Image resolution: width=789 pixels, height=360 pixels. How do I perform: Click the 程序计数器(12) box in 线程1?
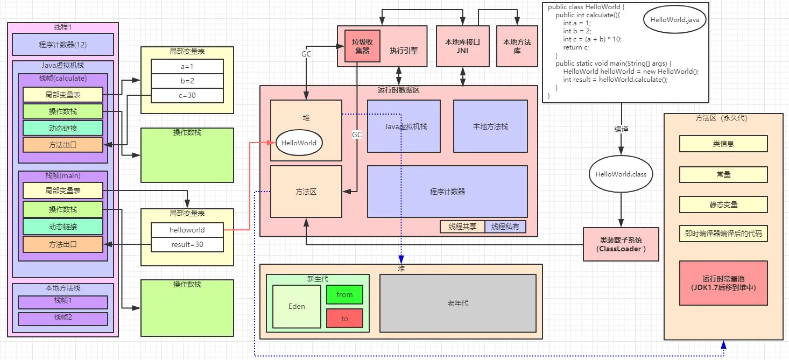pyautogui.click(x=62, y=45)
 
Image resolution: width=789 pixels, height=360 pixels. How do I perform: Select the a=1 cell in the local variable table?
pyautogui.click(x=187, y=66)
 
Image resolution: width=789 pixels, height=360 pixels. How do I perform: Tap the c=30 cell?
pyautogui.click(x=187, y=95)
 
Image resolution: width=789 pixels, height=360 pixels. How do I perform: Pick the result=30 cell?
pyautogui.click(x=187, y=244)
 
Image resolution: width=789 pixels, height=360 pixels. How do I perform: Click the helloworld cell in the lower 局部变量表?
pyautogui.click(x=187, y=230)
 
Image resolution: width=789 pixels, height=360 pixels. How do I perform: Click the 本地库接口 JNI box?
pyautogui.click(x=462, y=46)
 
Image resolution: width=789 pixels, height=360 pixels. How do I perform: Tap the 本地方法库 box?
pyautogui.click(x=517, y=46)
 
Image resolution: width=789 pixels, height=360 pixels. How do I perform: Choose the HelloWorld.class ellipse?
pyautogui.click(x=621, y=174)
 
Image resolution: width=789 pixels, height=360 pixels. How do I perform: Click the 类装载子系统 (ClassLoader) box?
pyautogui.click(x=621, y=244)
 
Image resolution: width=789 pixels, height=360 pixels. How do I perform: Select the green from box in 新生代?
pyautogui.click(x=344, y=294)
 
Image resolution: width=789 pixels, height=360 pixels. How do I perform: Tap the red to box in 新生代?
pyautogui.click(x=344, y=319)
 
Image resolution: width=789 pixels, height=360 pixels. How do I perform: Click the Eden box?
pyautogui.click(x=297, y=306)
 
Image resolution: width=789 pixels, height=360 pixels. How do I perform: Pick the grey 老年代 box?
pyautogui.click(x=457, y=303)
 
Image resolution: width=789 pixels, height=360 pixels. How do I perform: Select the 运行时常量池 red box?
pyautogui.click(x=723, y=283)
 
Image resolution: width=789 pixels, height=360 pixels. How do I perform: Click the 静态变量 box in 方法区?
pyautogui.click(x=723, y=204)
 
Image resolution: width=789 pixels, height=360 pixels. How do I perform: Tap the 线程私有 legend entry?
pyautogui.click(x=505, y=227)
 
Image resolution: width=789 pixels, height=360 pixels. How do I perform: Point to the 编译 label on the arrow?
pyautogui.click(x=621, y=129)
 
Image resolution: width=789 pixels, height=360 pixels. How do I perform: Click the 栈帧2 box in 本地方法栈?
pyautogui.click(x=62, y=318)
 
